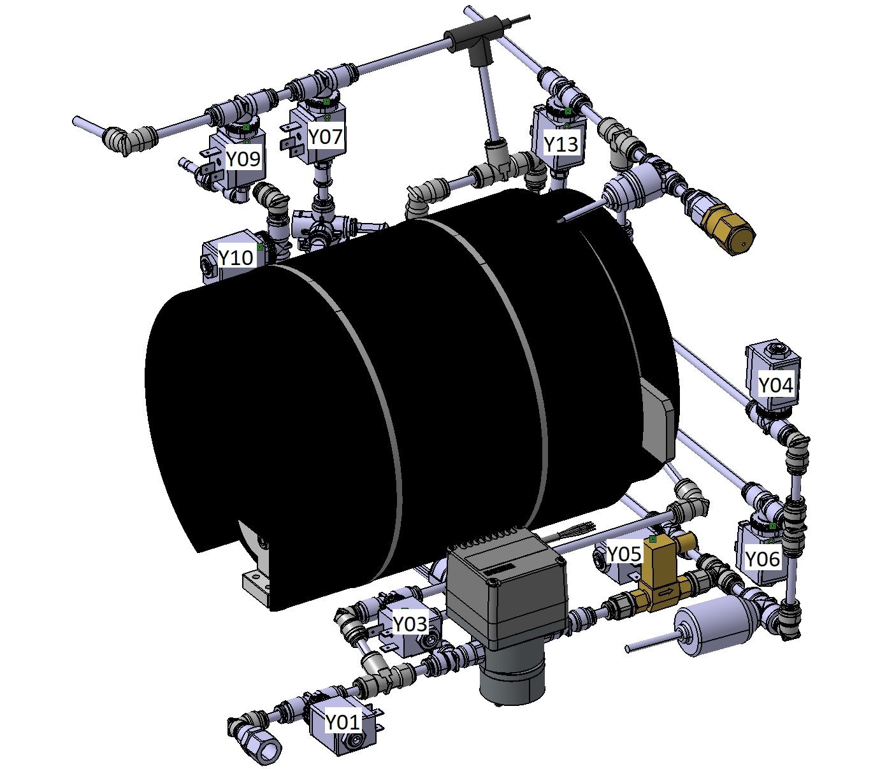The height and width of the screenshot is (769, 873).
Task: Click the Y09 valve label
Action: click(x=243, y=159)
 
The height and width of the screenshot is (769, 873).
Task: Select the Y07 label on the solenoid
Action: click(x=326, y=136)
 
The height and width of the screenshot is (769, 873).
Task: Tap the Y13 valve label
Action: click(x=561, y=144)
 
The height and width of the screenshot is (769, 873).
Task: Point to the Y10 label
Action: click(x=235, y=257)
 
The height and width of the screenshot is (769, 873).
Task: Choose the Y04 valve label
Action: click(x=776, y=385)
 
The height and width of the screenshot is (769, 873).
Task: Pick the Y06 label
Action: click(x=763, y=559)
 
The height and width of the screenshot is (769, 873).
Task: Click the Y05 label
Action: click(x=624, y=553)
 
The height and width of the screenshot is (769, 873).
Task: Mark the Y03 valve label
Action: click(x=410, y=623)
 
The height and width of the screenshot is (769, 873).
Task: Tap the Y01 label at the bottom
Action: click(x=342, y=722)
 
